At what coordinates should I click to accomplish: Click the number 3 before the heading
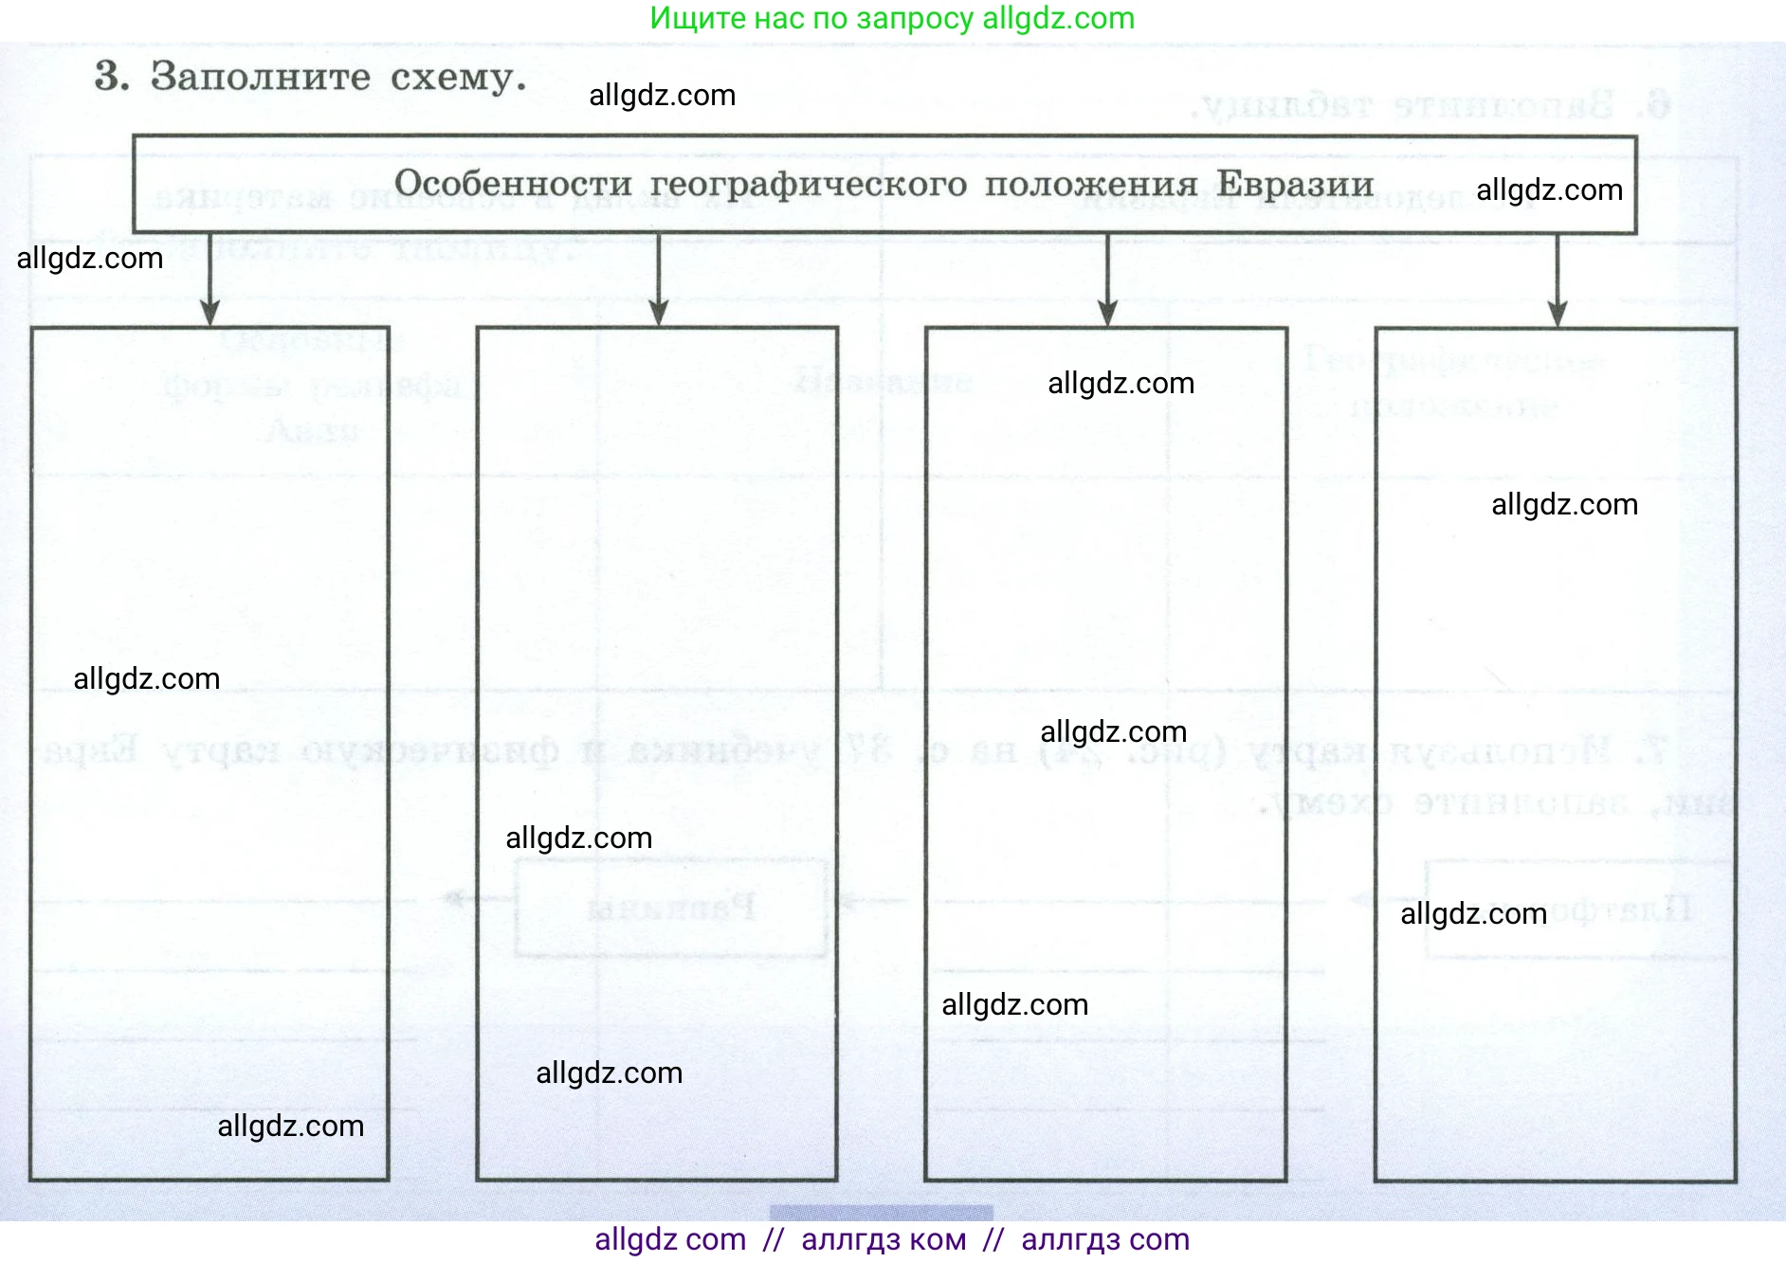(x=111, y=77)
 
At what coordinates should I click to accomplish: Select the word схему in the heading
(x=457, y=77)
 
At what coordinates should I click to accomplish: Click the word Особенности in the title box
(x=513, y=184)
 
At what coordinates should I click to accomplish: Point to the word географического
(x=809, y=184)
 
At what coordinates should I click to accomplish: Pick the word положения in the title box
(x=1091, y=184)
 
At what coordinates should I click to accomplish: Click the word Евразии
(x=1295, y=184)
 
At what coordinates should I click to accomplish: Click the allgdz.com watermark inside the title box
(x=1549, y=190)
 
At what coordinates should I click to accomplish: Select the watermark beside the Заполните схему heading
(x=662, y=96)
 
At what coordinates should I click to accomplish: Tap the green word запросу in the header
(x=915, y=18)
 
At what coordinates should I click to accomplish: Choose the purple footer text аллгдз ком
(x=884, y=1239)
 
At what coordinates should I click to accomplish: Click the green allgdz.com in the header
(x=1058, y=18)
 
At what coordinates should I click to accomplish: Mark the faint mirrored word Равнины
(x=671, y=908)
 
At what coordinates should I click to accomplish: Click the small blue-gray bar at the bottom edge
(x=881, y=1213)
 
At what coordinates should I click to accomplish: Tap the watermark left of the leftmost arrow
(x=90, y=259)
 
